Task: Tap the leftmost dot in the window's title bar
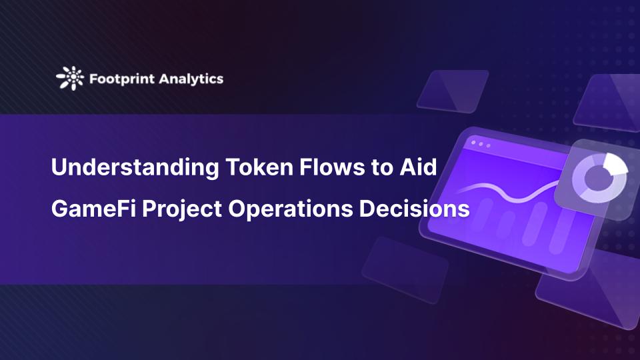coord(473,143)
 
